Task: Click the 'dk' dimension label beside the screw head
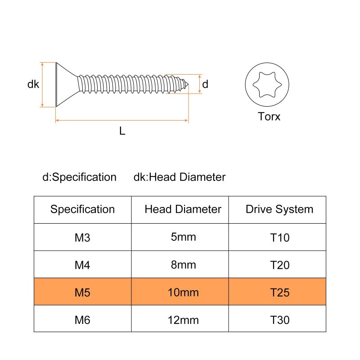click(x=33, y=84)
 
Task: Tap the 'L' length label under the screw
click(x=122, y=131)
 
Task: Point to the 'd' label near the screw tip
click(x=205, y=84)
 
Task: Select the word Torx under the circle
click(x=269, y=117)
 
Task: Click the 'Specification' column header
click(x=82, y=209)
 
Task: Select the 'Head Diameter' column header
click(x=183, y=209)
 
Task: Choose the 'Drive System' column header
click(x=279, y=209)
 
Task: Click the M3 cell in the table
click(x=82, y=237)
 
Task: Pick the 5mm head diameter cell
click(x=183, y=237)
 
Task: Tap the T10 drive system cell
click(x=279, y=237)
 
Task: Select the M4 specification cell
click(x=82, y=265)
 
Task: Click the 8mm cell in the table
click(x=183, y=265)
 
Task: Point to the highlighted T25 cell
click(x=279, y=293)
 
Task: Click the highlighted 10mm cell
click(x=183, y=293)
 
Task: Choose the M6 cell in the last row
click(x=82, y=320)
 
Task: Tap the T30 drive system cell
click(x=279, y=320)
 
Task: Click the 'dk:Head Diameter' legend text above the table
click(x=179, y=177)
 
